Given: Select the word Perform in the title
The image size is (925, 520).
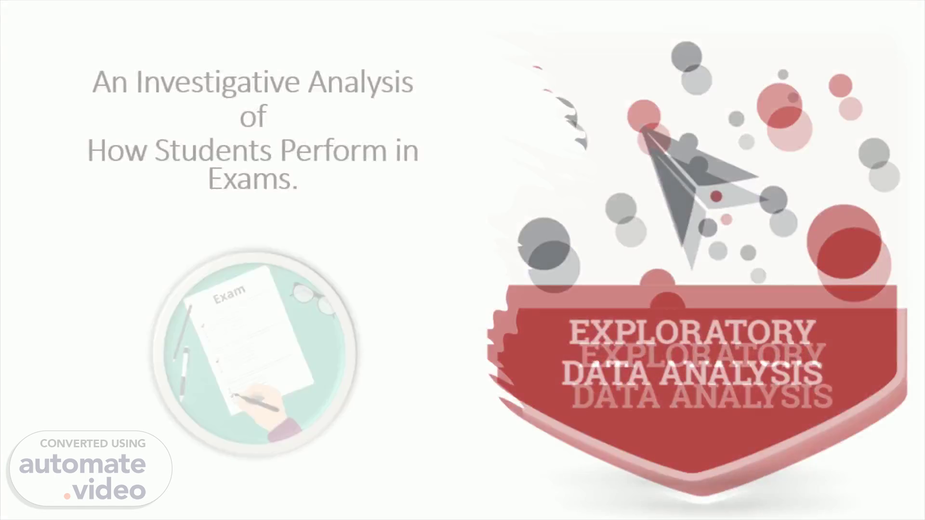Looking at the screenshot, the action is [x=333, y=150].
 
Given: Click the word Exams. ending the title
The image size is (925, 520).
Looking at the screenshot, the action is [x=252, y=179].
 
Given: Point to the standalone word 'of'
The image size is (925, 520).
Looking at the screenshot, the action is [x=253, y=116].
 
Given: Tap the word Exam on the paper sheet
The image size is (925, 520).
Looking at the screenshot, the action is [x=229, y=294].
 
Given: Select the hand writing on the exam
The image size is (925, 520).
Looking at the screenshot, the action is [x=268, y=407].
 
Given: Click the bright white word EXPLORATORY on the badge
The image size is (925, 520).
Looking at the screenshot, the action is [x=692, y=332].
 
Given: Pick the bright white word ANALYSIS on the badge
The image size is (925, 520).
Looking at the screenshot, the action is [x=741, y=373].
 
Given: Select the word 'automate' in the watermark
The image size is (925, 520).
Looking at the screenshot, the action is [x=82, y=464].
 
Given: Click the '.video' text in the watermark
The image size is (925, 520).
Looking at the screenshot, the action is [x=105, y=490].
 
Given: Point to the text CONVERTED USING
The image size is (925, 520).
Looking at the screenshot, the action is [x=92, y=443].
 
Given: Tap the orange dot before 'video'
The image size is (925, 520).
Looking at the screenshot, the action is [x=67, y=496].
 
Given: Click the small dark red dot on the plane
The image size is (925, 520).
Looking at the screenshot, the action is [x=716, y=196].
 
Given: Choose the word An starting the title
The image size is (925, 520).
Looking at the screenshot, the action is [x=110, y=83].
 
